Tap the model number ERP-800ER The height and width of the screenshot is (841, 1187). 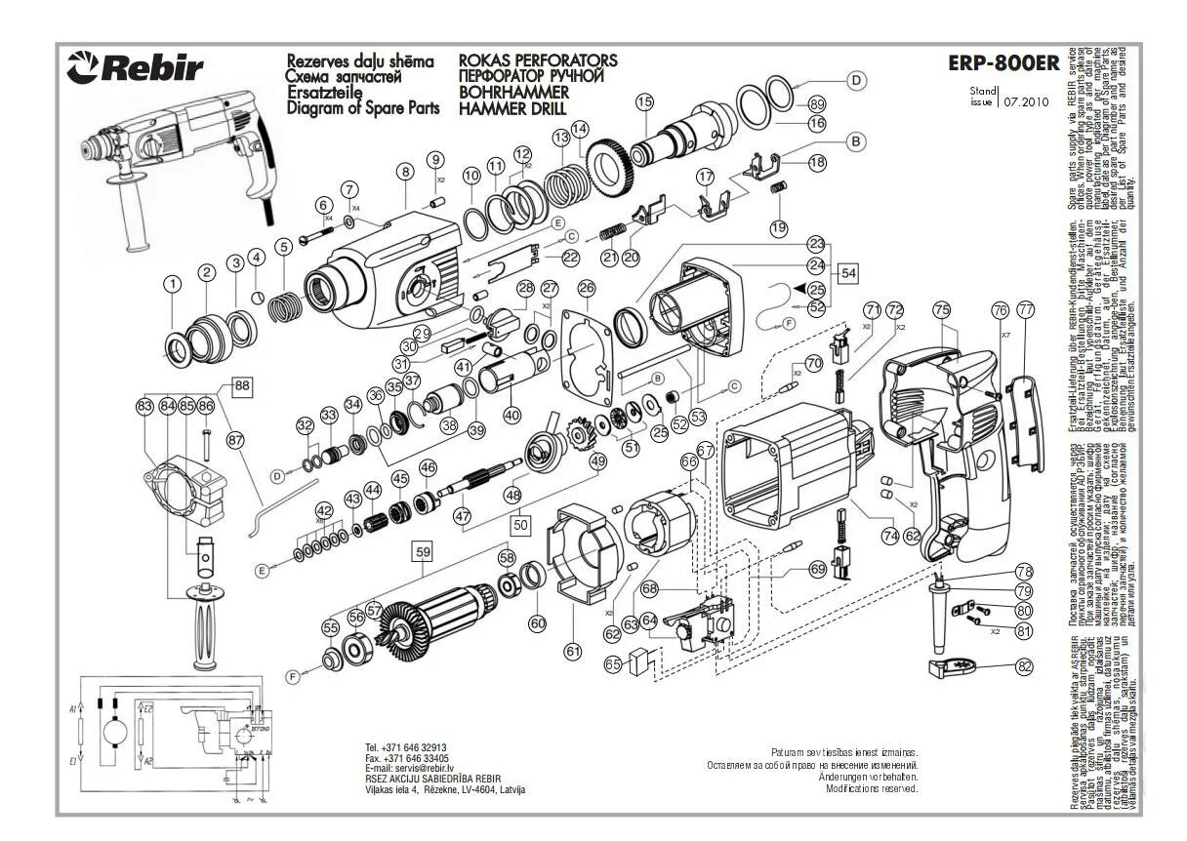tap(1003, 63)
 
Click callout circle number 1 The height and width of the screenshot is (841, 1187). tap(173, 284)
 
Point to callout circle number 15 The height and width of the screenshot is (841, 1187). tap(643, 100)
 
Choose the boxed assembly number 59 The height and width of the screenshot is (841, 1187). tap(423, 551)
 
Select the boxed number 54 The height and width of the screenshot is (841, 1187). tap(848, 273)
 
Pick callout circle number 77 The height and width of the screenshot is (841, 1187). tap(1025, 309)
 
